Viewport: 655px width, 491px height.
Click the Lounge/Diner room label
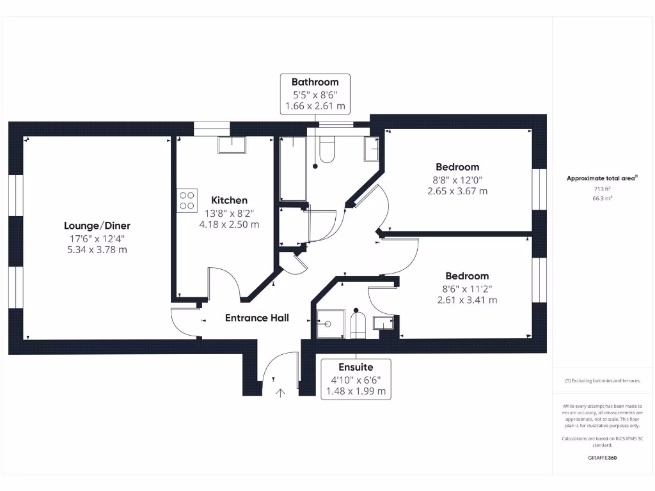tap(97, 226)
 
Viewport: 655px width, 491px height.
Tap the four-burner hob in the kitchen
tap(187, 200)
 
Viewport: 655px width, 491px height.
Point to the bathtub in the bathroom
tap(292, 168)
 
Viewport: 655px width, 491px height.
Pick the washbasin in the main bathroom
tap(372, 150)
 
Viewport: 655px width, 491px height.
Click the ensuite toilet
tap(357, 325)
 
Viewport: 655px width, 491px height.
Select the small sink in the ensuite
tap(384, 323)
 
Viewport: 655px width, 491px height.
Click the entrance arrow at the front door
tap(280, 392)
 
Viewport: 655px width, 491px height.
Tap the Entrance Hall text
tap(256, 318)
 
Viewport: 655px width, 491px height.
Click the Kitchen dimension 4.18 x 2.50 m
tap(229, 224)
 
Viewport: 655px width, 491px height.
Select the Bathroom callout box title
tap(315, 82)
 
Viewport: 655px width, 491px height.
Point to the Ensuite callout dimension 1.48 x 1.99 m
tap(356, 391)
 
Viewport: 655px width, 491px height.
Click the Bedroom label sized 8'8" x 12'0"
tap(457, 167)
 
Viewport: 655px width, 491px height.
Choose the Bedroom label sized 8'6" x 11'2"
tap(467, 276)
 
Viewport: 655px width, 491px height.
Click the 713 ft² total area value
tap(602, 189)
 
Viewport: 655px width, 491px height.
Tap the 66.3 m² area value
tap(602, 199)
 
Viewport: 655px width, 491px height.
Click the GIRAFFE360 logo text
tap(602, 458)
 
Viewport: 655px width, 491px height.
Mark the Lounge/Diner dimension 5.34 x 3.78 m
tap(97, 249)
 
